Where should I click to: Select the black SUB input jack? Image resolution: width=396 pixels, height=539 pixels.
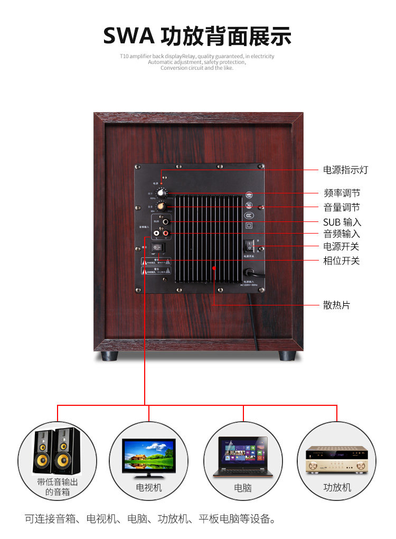pyautogui.click(x=167, y=221)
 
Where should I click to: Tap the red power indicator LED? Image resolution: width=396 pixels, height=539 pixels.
pyautogui.click(x=162, y=183)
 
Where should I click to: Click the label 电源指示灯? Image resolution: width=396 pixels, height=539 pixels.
pyautogui.click(x=345, y=170)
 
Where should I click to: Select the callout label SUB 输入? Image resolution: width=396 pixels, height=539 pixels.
pyautogui.click(x=342, y=222)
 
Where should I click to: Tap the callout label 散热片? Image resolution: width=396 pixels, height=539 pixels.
pyautogui.click(x=336, y=305)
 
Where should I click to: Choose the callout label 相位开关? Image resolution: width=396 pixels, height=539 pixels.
pyautogui.click(x=341, y=261)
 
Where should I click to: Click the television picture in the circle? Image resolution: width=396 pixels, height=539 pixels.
pyautogui.click(x=148, y=453)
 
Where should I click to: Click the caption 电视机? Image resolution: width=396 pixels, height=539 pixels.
pyautogui.click(x=149, y=487)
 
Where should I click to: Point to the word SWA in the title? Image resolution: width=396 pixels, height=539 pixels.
pyautogui.click(x=129, y=36)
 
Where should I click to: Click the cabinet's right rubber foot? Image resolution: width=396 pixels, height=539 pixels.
pyautogui.click(x=287, y=356)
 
